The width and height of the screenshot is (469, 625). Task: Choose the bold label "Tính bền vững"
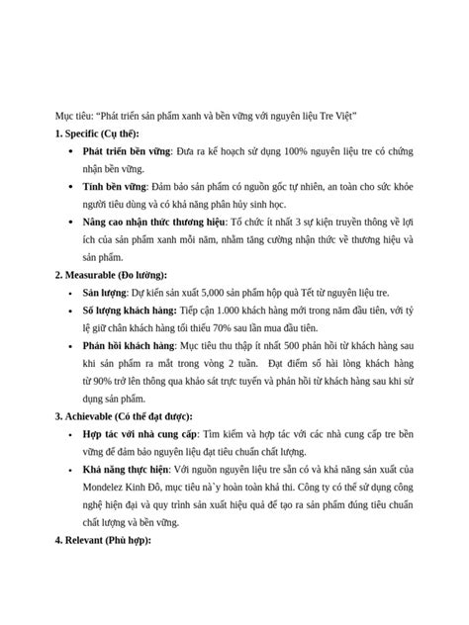click(115, 186)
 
